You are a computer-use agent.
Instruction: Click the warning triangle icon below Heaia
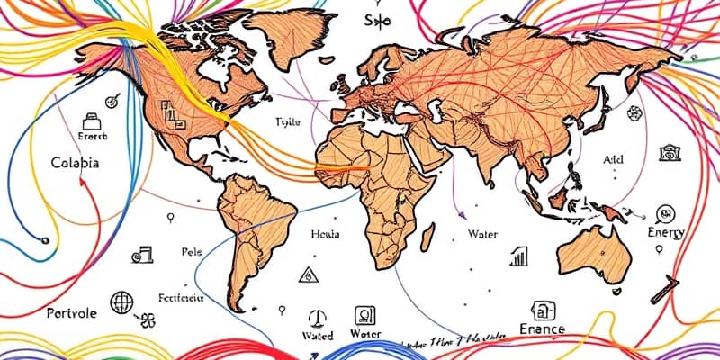coord(308,274)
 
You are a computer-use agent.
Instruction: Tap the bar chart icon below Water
coord(519,257)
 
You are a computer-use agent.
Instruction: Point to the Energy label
coord(665,232)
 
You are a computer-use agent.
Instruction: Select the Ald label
coord(612,158)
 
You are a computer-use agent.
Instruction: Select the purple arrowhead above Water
coord(461,214)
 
